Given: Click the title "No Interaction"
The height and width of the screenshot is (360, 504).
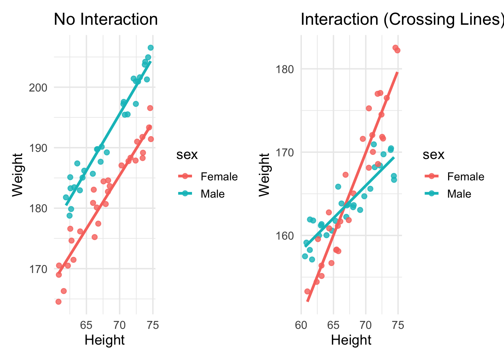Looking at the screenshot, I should point(106,19).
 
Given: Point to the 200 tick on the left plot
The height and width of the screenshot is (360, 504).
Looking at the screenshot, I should point(38,87).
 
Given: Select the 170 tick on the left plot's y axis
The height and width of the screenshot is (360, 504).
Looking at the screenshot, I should point(38,269).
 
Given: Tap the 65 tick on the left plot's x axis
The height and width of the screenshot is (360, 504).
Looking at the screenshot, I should point(87,325).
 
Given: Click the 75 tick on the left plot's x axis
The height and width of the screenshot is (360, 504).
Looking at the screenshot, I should point(153,325).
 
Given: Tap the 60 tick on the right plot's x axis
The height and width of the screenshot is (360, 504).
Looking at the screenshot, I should point(301,325).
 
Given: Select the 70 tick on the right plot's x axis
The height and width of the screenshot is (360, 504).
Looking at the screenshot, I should point(366,325).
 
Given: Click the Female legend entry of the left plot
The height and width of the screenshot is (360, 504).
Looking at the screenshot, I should point(219,177).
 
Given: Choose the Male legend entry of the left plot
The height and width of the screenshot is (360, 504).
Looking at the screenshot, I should point(213,194).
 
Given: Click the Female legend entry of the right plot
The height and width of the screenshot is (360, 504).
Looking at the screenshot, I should point(465,177).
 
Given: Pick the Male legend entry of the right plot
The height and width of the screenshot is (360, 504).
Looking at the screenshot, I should point(459,194).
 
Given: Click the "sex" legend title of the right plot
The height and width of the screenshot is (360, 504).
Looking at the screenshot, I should point(433,154).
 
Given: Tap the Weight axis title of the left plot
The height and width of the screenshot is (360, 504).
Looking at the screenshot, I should point(18,175).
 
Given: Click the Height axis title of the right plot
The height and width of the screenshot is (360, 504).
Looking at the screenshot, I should point(351,340).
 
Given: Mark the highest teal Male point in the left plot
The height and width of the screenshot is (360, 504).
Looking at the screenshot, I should point(150,48).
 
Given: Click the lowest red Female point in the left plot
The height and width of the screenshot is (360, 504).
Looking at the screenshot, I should point(58,301).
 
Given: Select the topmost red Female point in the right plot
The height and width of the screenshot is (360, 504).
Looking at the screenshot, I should point(395,48).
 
